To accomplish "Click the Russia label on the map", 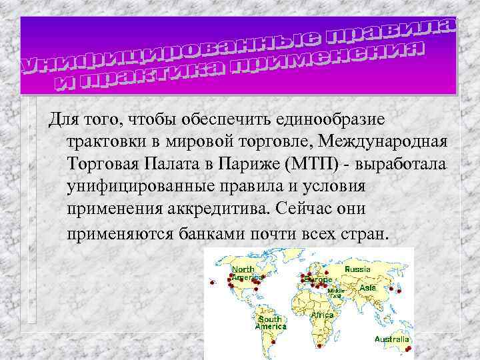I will [x=358, y=269].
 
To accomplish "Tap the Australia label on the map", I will [x=391, y=339].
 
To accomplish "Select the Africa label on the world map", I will [x=322, y=315].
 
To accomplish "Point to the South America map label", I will [x=270, y=323].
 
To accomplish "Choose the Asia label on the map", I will [x=368, y=287].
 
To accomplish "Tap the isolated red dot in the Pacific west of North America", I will [x=213, y=284].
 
